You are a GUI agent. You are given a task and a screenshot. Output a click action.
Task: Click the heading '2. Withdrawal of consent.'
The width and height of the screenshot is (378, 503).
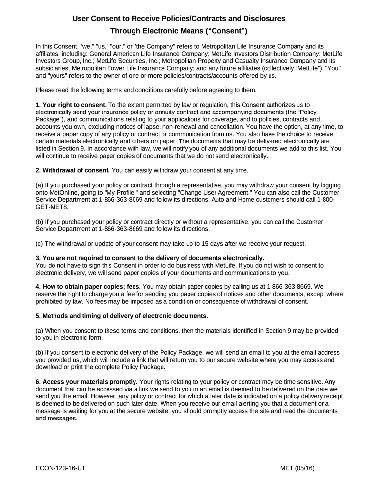pos(73,170)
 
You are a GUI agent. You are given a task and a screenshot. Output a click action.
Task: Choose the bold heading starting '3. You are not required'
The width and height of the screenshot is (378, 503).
pos(150,258)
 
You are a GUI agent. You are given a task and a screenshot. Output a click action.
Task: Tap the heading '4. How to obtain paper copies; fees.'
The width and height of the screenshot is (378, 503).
pos(88,287)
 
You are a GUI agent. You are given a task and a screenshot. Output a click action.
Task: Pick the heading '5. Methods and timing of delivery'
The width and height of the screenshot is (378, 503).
pos(122,316)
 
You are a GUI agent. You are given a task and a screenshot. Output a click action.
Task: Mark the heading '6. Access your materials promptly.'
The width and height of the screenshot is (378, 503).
pos(86,382)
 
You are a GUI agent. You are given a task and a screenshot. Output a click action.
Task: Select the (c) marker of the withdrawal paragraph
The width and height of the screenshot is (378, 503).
pos(39,243)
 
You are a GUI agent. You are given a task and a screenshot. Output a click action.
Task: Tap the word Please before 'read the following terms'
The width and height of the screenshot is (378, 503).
pos(46,90)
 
